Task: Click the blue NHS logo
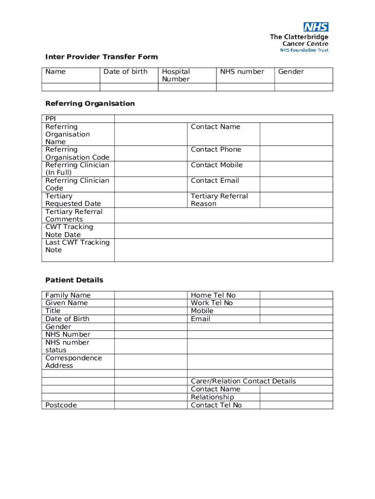tap(316, 27)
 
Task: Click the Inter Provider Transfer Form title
tap(101, 57)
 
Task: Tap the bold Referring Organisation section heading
tap(90, 103)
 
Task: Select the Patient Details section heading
tap(74, 280)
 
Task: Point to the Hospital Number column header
tap(176, 75)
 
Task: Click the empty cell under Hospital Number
tap(187, 87)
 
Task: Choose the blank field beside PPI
tap(224, 118)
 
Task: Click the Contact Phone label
tap(216, 150)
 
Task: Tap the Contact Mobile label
tap(216, 165)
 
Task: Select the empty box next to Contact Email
tap(296, 184)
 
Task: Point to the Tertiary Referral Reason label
tap(219, 200)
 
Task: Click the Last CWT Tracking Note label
tap(77, 246)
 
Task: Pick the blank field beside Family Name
tap(150, 295)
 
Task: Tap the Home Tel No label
tap(213, 295)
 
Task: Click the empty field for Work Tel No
tap(296, 303)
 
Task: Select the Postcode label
tap(61, 405)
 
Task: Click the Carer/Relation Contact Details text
tap(243, 381)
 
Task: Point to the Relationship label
tap(212, 397)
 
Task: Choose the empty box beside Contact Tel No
tap(296, 405)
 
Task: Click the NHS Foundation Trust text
tap(304, 50)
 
